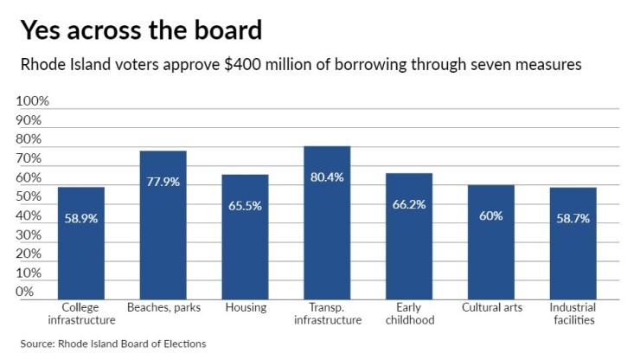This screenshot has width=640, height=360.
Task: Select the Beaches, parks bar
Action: click(163, 226)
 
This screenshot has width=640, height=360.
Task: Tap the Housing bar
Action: click(245, 238)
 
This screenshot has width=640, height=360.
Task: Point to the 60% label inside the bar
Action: click(490, 215)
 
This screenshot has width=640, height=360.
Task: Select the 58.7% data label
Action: click(573, 219)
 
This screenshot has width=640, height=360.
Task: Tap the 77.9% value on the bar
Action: click(163, 183)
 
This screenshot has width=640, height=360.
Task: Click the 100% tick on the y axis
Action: click(33, 101)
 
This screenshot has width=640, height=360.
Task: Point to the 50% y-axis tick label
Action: click(29, 196)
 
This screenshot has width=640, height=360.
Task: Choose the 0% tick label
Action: click(26, 292)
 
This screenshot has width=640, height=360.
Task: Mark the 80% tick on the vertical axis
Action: click(29, 139)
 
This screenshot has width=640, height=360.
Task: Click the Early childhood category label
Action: click(409, 314)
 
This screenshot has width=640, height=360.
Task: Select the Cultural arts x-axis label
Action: click(490, 308)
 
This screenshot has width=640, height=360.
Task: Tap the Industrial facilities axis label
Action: click(573, 314)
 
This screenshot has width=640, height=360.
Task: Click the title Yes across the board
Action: click(141, 31)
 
